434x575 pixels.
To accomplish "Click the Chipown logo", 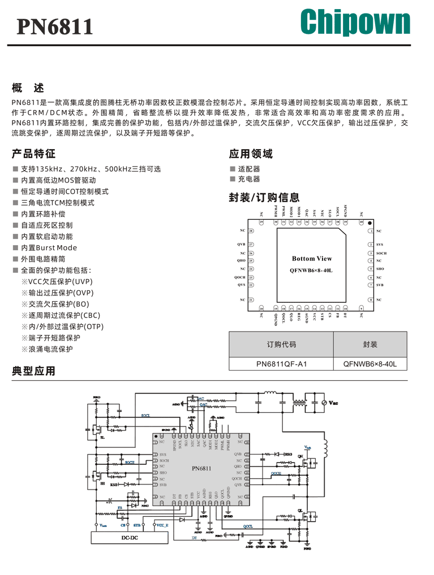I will [x=355, y=24].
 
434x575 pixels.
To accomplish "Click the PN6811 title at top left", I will [x=55, y=27].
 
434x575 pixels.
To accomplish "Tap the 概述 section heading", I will [x=28, y=88].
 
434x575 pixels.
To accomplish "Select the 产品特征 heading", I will [x=34, y=154].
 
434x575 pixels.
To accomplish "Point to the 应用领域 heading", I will [x=251, y=154].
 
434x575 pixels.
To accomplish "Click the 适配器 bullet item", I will [x=249, y=169].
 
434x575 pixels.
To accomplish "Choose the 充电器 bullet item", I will [x=249, y=179].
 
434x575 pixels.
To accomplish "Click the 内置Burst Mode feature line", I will [x=49, y=247].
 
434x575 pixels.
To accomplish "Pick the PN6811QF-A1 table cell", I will [x=281, y=364].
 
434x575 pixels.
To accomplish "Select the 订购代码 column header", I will [x=281, y=344].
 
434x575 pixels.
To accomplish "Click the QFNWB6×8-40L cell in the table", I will [x=370, y=364].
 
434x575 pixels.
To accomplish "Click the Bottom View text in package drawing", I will [x=312, y=259].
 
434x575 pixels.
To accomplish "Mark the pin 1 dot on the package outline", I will [x=370, y=223].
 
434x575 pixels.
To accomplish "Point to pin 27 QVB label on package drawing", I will [x=242, y=244].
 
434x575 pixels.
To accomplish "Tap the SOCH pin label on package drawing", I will [x=381, y=253].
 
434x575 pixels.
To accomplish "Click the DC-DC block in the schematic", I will [x=130, y=537].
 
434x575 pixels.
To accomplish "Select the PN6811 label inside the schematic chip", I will [x=201, y=468].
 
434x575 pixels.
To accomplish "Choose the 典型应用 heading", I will [x=34, y=371].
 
